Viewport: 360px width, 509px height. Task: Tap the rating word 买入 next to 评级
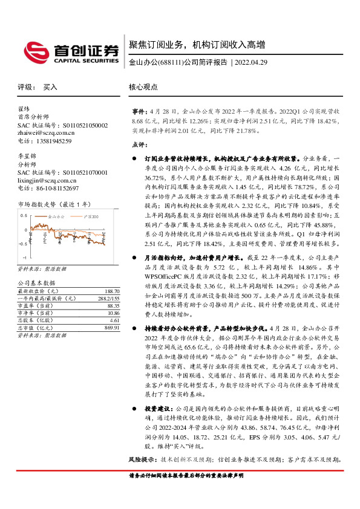click(50, 87)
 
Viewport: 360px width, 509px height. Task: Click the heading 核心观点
click(143, 87)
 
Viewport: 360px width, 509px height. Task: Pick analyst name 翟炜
click(24, 109)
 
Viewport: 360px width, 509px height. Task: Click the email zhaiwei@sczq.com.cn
click(45, 133)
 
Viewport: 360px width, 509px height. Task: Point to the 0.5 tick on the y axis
click(23, 215)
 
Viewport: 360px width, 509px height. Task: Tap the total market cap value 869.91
click(111, 328)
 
